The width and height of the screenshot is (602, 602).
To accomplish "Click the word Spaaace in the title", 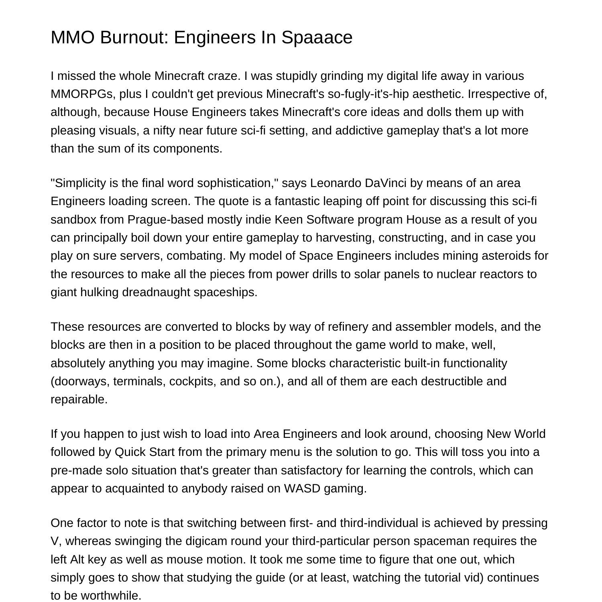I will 317,37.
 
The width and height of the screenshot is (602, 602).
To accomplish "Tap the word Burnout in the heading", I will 131,37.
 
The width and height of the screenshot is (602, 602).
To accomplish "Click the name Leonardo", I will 336,183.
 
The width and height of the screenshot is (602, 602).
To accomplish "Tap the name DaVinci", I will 386,183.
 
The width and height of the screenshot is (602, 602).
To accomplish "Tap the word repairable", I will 79,399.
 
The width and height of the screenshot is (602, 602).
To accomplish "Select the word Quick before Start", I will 130,452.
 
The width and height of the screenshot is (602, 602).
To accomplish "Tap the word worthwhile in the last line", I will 111,596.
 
